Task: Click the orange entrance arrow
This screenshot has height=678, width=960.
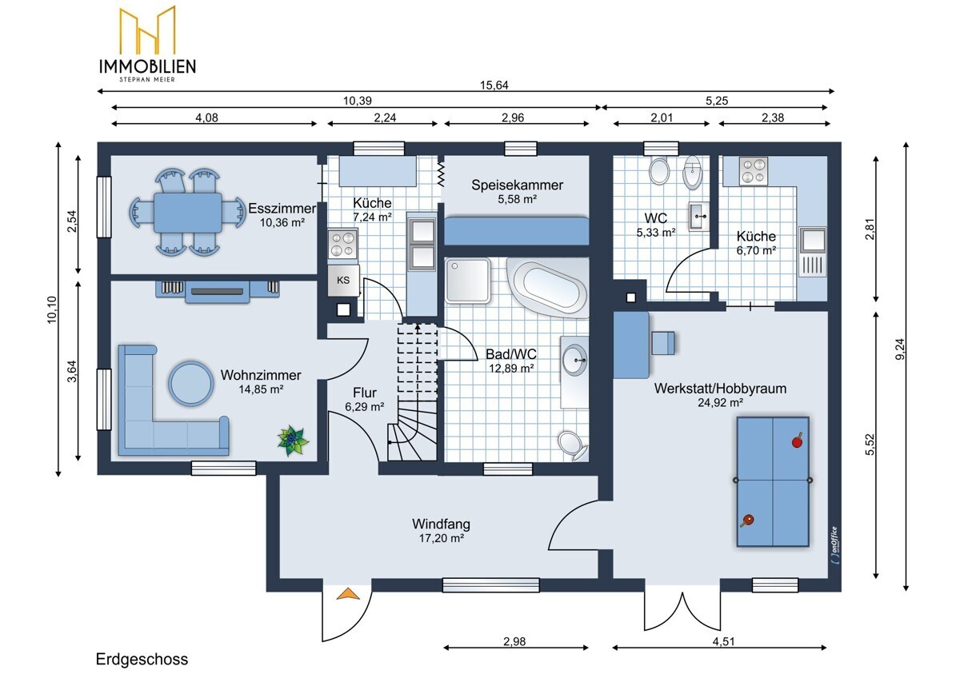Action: pyautogui.click(x=347, y=594)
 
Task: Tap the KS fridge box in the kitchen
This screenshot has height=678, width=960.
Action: pyautogui.click(x=343, y=281)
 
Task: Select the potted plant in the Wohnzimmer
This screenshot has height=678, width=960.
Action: pyautogui.click(x=293, y=441)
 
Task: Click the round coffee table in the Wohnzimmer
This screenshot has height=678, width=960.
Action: pyautogui.click(x=190, y=384)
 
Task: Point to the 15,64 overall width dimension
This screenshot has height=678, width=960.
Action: pyautogui.click(x=494, y=86)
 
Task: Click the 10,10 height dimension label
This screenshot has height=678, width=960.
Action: pyautogui.click(x=52, y=309)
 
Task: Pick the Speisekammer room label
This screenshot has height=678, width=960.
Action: pyautogui.click(x=517, y=185)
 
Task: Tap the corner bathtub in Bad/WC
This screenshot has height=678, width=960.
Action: pyautogui.click(x=549, y=287)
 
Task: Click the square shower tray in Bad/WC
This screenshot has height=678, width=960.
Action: pyautogui.click(x=467, y=280)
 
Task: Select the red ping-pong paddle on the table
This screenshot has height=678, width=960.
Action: pyautogui.click(x=797, y=441)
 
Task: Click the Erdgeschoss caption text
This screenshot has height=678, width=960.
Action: pyautogui.click(x=142, y=659)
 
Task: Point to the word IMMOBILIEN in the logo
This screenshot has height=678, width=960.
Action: pyautogui.click(x=147, y=66)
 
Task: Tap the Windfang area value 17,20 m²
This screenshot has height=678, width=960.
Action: pyautogui.click(x=442, y=538)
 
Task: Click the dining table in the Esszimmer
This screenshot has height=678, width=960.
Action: pyautogui.click(x=188, y=213)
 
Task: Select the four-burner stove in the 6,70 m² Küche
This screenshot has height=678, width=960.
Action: pyautogui.click(x=753, y=171)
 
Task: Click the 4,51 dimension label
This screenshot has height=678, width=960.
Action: pyautogui.click(x=723, y=641)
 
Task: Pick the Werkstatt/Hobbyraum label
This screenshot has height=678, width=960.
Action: pyautogui.click(x=720, y=389)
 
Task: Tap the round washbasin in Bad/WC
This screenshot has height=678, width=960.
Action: pyautogui.click(x=574, y=361)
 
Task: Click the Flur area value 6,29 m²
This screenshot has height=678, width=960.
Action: pyautogui.click(x=364, y=406)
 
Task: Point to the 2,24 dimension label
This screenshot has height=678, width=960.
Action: pyautogui.click(x=385, y=118)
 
